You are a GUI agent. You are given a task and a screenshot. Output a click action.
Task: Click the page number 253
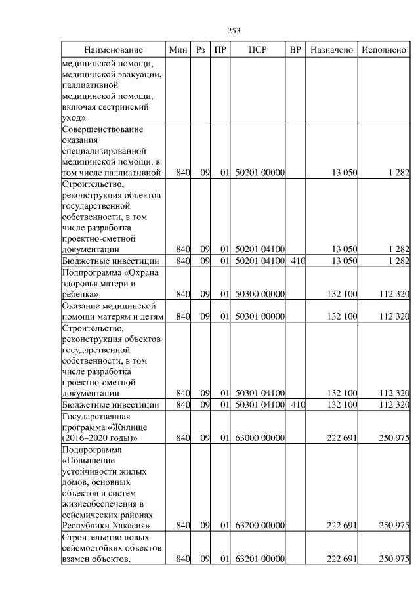(x=234, y=30)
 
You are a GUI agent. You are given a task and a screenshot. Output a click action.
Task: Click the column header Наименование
(x=113, y=50)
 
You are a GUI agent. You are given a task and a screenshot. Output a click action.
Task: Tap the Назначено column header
(x=332, y=50)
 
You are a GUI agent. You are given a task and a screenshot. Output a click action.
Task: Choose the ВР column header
(x=296, y=50)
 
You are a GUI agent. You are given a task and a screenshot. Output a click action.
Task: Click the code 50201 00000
(x=258, y=173)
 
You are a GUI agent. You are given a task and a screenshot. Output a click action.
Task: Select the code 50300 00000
(x=258, y=295)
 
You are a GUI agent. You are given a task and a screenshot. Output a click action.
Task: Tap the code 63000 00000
(x=258, y=438)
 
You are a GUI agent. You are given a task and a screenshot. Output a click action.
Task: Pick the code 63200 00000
(x=258, y=526)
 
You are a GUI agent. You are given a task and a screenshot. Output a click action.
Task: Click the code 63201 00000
(x=258, y=559)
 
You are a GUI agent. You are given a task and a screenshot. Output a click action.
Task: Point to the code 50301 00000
(x=258, y=316)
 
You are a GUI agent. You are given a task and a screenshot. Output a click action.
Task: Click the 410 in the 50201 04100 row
(x=297, y=261)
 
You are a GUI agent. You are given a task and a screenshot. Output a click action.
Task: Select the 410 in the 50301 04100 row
(x=297, y=405)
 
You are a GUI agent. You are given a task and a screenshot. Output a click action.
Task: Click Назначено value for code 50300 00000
(x=342, y=295)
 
